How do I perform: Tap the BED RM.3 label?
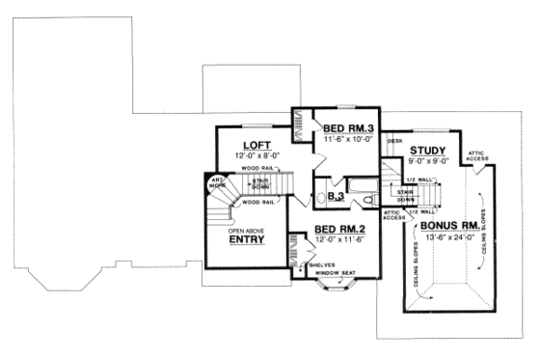point(348,128)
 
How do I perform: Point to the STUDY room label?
point(426,151)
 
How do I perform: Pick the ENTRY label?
point(248,242)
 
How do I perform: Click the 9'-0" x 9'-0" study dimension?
point(426,162)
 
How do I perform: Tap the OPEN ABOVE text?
point(248,231)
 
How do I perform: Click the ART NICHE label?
point(218,179)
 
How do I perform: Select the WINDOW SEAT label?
point(336,272)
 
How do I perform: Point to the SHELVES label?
point(325,263)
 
